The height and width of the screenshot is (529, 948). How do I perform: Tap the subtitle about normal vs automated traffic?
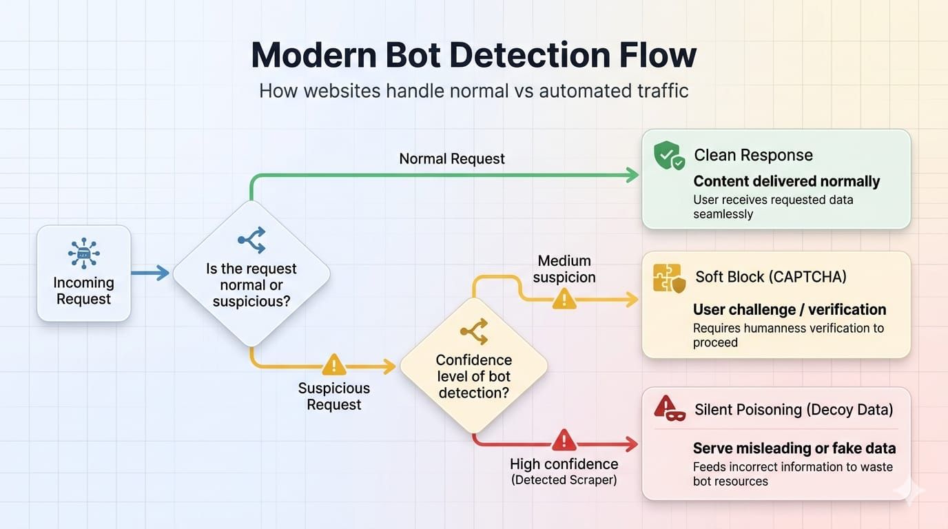[x=473, y=91]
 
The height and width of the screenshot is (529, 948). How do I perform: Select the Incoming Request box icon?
[x=84, y=253]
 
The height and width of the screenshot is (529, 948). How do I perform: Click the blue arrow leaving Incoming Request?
[x=150, y=273]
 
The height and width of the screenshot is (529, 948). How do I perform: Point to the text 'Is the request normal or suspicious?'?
[x=251, y=284]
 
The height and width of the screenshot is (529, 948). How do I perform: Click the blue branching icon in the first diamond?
[x=252, y=240]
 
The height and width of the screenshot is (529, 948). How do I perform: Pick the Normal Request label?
[x=451, y=158]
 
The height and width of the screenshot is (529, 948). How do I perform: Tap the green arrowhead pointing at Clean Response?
[x=632, y=175]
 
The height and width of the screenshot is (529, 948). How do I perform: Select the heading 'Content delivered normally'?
[x=786, y=181]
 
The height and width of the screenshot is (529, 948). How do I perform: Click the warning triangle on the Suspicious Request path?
[x=334, y=365]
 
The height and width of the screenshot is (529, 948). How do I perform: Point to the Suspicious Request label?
[x=334, y=396]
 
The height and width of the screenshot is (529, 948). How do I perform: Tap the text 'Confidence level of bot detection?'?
[x=473, y=376]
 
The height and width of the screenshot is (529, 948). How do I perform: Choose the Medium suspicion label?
[x=564, y=269]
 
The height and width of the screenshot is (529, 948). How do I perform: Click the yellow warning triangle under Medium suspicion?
[x=564, y=299]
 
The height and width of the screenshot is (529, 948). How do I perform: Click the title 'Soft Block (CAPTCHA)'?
[x=771, y=277]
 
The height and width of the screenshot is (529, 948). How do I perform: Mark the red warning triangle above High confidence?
[x=564, y=440]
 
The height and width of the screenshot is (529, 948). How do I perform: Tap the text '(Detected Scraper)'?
[x=564, y=480]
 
